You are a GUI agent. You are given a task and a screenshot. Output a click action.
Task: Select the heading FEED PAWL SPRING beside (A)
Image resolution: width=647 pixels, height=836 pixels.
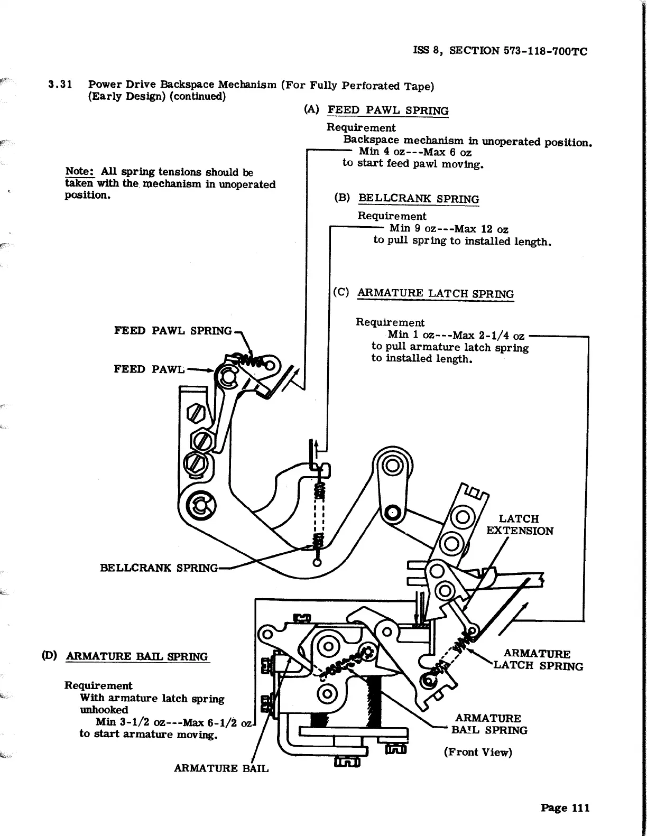tap(388, 110)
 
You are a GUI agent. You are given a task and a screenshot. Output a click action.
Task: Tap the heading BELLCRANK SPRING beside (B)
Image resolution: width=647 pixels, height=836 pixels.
tap(419, 199)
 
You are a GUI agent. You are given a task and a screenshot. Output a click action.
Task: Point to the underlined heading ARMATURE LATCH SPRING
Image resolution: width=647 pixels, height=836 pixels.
tap(436, 294)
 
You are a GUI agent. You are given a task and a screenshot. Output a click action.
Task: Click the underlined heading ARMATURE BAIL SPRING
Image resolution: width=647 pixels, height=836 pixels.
tap(137, 656)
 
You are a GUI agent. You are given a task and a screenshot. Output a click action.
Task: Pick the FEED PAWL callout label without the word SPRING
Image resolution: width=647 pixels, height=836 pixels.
tap(149, 369)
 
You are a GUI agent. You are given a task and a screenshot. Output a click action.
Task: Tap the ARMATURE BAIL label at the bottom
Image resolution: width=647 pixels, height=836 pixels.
tap(221, 768)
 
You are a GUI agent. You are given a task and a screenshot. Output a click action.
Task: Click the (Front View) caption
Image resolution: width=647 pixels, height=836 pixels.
tap(478, 752)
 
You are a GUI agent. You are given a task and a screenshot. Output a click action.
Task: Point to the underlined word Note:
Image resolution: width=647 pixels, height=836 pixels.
tap(79, 172)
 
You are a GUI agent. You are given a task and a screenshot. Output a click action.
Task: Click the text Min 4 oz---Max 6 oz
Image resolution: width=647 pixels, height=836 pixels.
tap(415, 152)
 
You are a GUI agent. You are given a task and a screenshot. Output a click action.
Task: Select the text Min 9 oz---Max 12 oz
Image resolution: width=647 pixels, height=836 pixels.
tap(449, 229)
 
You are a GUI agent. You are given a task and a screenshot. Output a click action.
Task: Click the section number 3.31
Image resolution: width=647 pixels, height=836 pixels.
tap(60, 85)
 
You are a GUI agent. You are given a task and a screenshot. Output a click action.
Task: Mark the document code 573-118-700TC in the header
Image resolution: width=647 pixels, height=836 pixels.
tap(543, 51)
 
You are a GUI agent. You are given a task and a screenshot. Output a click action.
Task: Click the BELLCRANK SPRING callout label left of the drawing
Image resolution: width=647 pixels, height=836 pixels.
tap(159, 568)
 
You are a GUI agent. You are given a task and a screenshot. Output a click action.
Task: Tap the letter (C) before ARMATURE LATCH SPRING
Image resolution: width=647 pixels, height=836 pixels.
tap(341, 292)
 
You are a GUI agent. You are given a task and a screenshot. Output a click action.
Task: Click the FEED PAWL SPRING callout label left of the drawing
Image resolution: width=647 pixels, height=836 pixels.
tap(173, 331)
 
